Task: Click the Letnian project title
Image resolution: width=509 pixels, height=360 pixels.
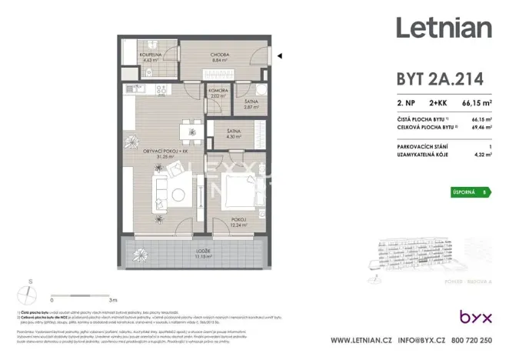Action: point(444,28)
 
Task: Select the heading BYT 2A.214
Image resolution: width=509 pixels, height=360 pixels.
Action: point(431,80)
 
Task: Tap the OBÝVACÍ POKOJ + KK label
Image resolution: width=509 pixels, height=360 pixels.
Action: point(161,152)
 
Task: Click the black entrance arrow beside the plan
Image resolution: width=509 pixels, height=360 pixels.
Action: point(280,55)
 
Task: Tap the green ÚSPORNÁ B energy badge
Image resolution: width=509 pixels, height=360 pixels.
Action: point(471,192)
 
